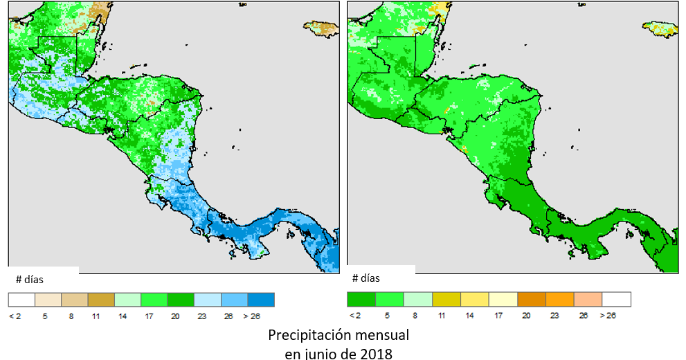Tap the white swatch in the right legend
pos(616,299)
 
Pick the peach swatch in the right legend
pos(588,299)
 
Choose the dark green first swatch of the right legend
pos(361,299)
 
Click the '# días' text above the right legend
pos(365,278)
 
